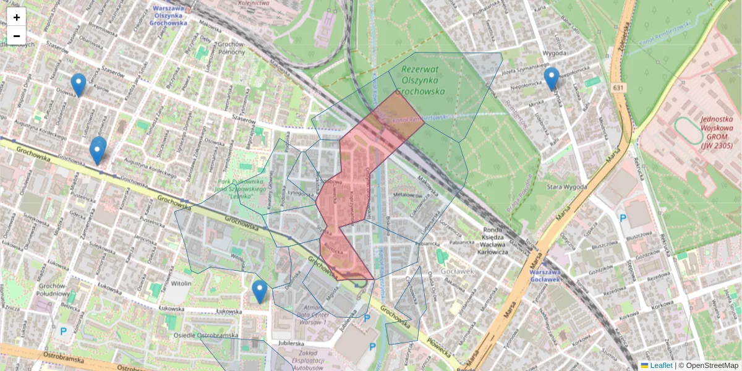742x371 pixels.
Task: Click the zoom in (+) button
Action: [17, 17]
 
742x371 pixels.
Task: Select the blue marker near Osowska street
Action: [79, 85]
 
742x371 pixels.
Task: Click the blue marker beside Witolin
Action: [260, 291]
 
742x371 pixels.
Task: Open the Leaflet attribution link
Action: [660, 365]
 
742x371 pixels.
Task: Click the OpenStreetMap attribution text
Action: [712, 365]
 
